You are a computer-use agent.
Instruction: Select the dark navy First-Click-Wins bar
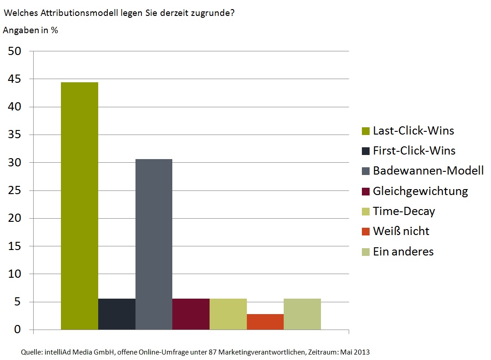(x=116, y=314)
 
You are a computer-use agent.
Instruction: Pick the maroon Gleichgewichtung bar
(x=191, y=314)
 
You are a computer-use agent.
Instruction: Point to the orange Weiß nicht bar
(x=265, y=322)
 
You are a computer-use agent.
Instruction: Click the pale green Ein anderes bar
(x=302, y=314)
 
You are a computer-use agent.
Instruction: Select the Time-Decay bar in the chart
(x=228, y=314)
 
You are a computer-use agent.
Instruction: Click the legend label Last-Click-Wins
(x=413, y=131)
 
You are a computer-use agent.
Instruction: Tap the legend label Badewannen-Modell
(x=428, y=171)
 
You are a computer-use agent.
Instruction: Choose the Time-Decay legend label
(x=404, y=211)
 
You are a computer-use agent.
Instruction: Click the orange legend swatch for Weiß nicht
(x=366, y=232)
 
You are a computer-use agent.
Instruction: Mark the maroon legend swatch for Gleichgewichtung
(x=366, y=191)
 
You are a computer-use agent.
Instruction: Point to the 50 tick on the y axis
(x=15, y=51)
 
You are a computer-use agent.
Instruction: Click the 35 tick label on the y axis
(x=15, y=135)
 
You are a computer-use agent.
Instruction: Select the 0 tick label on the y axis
(x=18, y=330)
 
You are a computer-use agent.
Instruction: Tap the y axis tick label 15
(x=15, y=246)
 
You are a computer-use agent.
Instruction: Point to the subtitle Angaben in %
(x=30, y=30)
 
